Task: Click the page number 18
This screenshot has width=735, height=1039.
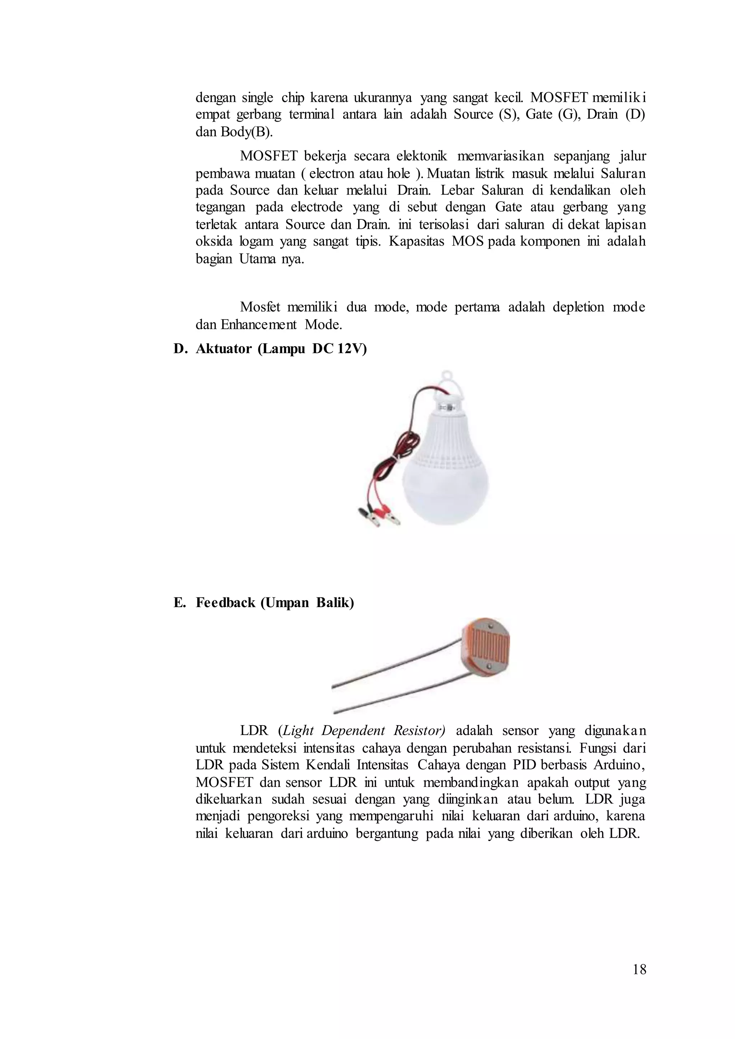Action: click(639, 969)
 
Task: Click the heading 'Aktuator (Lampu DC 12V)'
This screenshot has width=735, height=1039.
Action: click(281, 349)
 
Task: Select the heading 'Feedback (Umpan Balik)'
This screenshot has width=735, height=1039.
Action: click(275, 603)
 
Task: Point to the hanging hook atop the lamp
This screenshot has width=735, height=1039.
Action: click(448, 377)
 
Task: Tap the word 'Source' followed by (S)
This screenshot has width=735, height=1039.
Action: click(473, 114)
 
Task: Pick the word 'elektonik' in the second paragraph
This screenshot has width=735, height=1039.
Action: click(421, 156)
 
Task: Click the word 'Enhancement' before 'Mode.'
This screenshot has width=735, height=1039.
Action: click(258, 325)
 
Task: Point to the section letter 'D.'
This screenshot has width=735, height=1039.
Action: click(180, 349)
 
